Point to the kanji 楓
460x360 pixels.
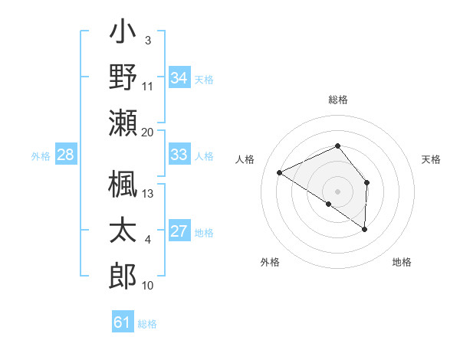pos(123,184)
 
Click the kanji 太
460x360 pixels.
pos(123,231)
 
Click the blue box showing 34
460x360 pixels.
pos(179,77)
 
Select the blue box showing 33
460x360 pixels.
pos(179,155)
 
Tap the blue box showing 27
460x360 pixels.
pos(179,231)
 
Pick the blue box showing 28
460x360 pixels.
pos(66,155)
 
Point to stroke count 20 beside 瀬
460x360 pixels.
pos(148,131)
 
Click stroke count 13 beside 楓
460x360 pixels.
pos(148,193)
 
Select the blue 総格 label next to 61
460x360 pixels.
pos(147,324)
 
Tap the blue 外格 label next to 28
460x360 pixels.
pos(41,156)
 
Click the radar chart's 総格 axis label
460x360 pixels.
pos(338,100)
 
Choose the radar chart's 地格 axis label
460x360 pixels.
pos(402,262)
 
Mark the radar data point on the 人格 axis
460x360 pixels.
pos(280,172)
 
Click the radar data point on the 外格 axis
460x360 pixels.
pos(329,204)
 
